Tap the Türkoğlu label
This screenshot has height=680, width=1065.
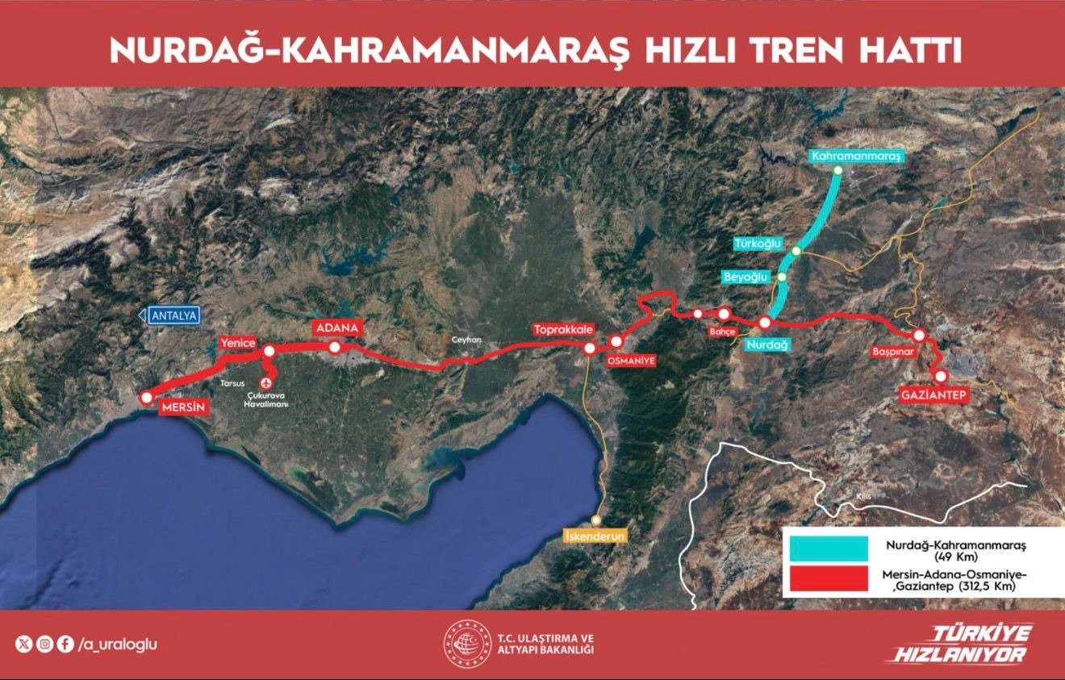point(757,243)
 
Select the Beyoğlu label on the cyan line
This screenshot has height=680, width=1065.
point(746,277)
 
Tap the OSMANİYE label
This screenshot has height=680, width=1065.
point(628,360)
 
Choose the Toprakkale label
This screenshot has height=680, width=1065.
point(563,330)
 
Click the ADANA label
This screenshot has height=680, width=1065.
point(336,327)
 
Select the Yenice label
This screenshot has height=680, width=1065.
point(237,344)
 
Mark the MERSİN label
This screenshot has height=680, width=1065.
point(184,407)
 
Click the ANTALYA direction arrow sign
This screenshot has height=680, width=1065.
point(168,315)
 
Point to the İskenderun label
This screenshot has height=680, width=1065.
point(595,536)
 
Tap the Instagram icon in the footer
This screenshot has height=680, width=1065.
point(45,645)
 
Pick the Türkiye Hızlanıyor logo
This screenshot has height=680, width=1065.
point(958,644)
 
